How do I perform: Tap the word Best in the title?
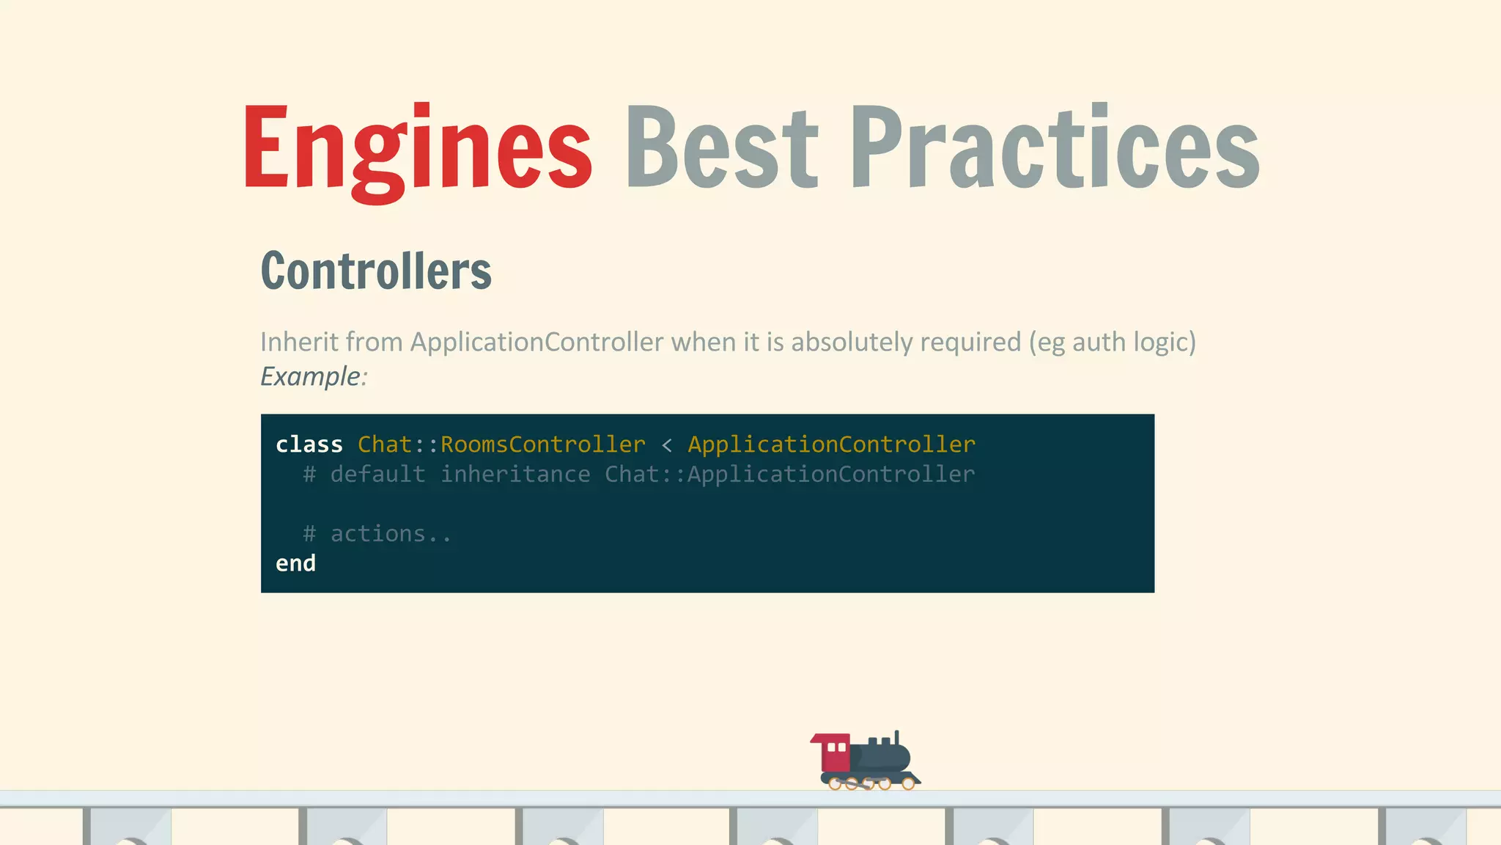[x=721, y=147]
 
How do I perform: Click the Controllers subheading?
[x=376, y=271]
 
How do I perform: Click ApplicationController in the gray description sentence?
[x=536, y=342]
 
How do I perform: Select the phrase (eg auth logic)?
[x=1112, y=343]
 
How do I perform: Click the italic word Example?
[x=311, y=376]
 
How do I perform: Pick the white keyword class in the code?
[x=309, y=445]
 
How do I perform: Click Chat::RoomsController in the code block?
[x=501, y=445]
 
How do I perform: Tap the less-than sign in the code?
[x=666, y=445]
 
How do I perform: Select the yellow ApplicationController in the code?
[x=831, y=445]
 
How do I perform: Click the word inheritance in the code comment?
[x=515, y=475]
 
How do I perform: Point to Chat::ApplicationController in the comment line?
[x=789, y=475]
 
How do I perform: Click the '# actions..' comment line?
[x=377, y=534]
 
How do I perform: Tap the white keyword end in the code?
[x=295, y=563]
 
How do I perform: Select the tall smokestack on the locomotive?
[x=896, y=738]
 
